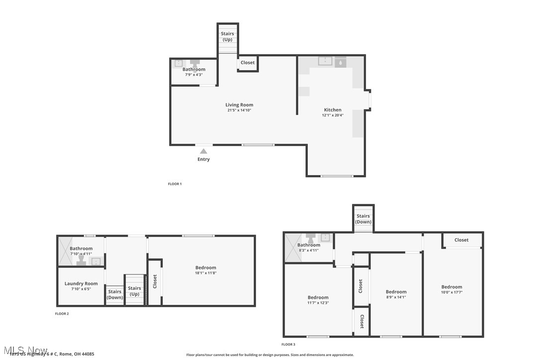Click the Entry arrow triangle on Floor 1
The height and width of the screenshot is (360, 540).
pyautogui.click(x=203, y=151)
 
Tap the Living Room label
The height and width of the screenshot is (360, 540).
pyautogui.click(x=239, y=105)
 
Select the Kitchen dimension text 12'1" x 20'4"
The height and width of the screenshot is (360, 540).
pyautogui.click(x=333, y=115)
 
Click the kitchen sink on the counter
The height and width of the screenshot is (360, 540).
pyautogui.click(x=325, y=62)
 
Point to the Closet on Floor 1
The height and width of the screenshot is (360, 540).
pyautogui.click(x=248, y=63)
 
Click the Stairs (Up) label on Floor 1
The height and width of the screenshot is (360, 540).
pyautogui.click(x=227, y=36)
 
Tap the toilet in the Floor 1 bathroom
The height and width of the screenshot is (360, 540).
pyautogui.click(x=195, y=63)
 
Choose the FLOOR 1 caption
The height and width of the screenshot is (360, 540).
pyautogui.click(x=175, y=184)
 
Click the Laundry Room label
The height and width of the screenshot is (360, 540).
pyautogui.click(x=81, y=283)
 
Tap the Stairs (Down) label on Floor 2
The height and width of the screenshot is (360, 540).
pyautogui.click(x=115, y=294)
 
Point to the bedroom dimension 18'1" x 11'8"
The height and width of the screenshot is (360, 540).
pyautogui.click(x=205, y=273)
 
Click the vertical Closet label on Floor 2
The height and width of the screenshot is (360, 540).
pyautogui.click(x=155, y=281)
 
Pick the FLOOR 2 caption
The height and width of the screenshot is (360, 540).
pyautogui.click(x=62, y=314)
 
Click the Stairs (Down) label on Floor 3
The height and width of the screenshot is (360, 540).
pyautogui.click(x=363, y=219)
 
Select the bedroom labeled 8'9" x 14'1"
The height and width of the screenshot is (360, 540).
pyautogui.click(x=396, y=294)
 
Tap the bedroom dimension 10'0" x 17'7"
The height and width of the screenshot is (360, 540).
pyautogui.click(x=451, y=292)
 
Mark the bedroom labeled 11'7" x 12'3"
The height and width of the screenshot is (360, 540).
pyautogui.click(x=318, y=300)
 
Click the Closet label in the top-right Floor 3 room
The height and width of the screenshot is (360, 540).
pyautogui.click(x=461, y=240)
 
